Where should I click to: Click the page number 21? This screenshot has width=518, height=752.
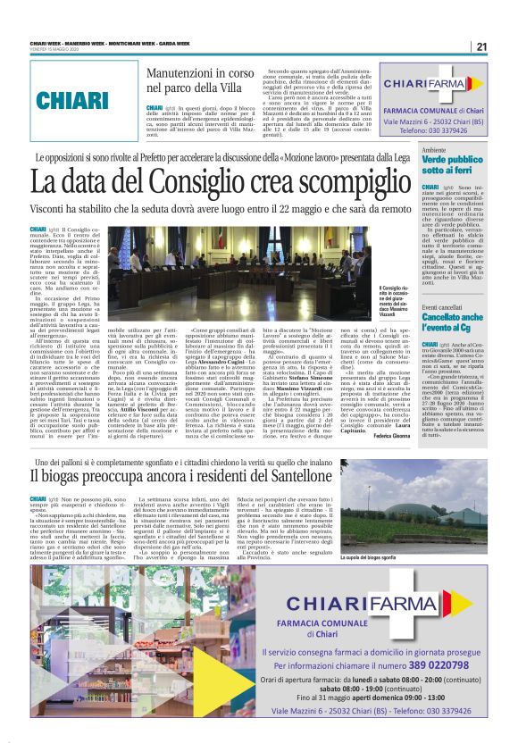coord(481,46)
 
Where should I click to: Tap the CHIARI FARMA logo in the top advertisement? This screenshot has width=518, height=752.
coord(431,84)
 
